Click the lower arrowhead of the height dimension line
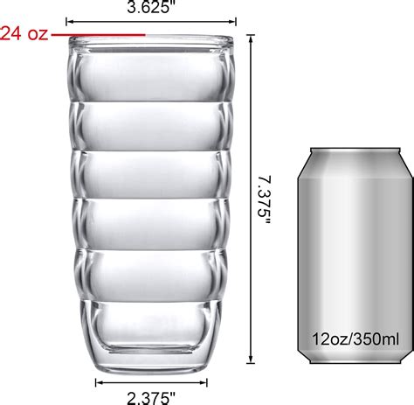pos(252,358)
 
